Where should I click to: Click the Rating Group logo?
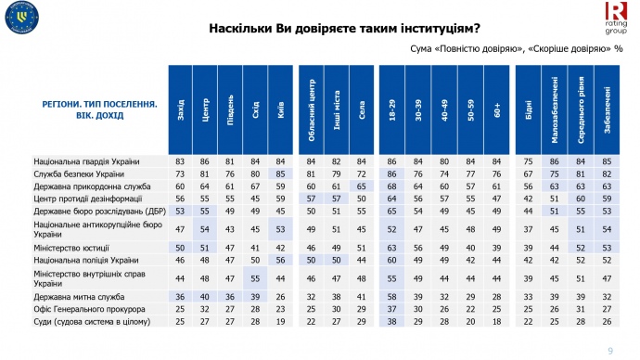point(615,17)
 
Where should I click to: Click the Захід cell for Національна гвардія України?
point(179,162)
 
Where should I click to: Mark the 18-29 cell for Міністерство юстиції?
point(392,248)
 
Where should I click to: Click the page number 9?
point(609,349)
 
